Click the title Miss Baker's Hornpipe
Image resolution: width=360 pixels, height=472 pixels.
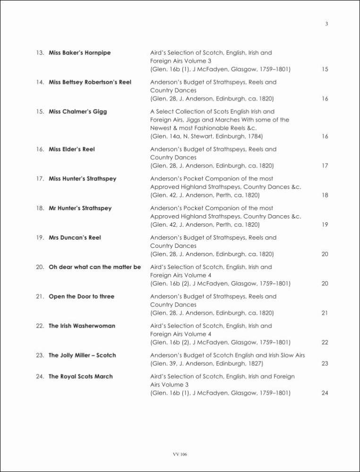[79, 53]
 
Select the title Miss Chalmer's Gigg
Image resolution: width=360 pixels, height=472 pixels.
[77, 112]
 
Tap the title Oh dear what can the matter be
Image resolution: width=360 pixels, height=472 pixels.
[94, 267]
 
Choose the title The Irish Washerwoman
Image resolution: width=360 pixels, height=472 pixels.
[82, 326]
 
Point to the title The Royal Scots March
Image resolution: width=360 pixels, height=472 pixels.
[81, 377]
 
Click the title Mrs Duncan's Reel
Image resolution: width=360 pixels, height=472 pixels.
[75, 238]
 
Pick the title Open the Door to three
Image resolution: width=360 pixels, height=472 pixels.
[81, 297]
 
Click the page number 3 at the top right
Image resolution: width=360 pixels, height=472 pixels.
[326, 25]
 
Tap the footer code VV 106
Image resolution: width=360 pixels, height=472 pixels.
[180, 454]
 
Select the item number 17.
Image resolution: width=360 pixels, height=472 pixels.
[40, 179]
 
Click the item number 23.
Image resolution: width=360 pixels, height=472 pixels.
[40, 355]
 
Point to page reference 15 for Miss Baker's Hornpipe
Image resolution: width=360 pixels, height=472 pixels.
[325, 70]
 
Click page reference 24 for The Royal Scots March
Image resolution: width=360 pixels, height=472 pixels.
[325, 394]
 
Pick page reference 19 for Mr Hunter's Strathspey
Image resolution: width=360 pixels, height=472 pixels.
[325, 225]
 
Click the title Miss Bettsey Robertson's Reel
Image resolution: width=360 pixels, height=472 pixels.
[90, 82]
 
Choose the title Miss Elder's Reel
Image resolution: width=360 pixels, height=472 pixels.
[72, 150]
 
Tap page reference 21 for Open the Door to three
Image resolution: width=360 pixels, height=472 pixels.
[325, 313]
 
